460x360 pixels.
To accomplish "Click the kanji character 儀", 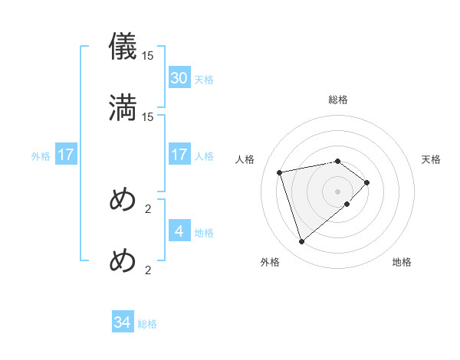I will click(x=123, y=46).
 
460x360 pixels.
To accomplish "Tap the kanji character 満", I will click(x=123, y=107).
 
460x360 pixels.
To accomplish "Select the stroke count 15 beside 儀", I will click(x=148, y=55).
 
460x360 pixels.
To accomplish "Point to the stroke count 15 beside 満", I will click(x=148, y=116).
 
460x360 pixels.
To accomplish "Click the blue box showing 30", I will click(x=179, y=78).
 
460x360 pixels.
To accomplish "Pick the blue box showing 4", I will click(x=179, y=231).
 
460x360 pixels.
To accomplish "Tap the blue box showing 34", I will click(x=123, y=323).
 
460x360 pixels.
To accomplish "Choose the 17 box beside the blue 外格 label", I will click(x=65, y=155).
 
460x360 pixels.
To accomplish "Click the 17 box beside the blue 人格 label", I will click(x=179, y=155).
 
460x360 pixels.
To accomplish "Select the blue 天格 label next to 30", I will click(x=204, y=80).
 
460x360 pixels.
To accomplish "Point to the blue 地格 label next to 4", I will click(x=204, y=233).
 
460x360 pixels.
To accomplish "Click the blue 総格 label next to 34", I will click(x=147, y=325).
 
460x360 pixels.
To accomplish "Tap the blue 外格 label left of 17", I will click(x=41, y=156).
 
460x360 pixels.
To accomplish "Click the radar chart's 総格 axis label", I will click(x=338, y=100).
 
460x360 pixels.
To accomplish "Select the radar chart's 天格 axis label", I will click(x=432, y=159).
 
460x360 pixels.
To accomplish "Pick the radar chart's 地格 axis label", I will click(x=402, y=263).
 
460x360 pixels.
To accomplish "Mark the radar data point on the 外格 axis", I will click(x=302, y=242).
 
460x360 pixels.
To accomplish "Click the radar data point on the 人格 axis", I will click(x=281, y=172).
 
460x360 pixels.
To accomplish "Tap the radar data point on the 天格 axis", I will click(x=368, y=182).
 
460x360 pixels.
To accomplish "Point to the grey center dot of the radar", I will click(x=338, y=191).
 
